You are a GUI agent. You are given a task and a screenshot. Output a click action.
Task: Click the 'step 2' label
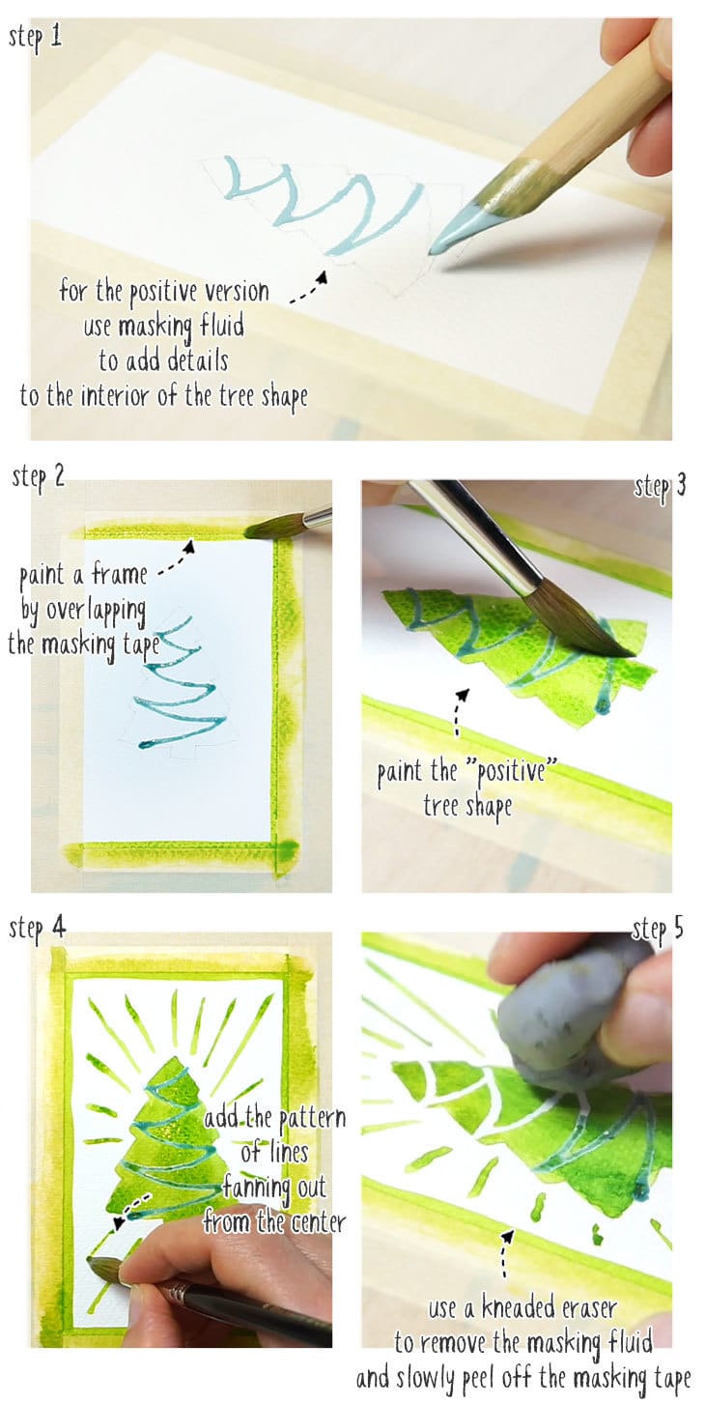(x=39, y=478)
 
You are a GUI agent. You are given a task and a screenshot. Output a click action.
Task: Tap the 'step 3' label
(x=660, y=486)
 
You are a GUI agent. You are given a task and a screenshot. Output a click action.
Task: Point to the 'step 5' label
(x=659, y=930)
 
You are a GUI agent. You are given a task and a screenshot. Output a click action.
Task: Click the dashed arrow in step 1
(x=310, y=288)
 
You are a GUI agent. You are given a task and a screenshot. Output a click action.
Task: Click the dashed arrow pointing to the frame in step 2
(x=176, y=558)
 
